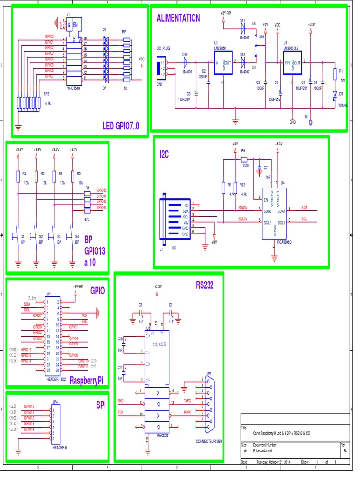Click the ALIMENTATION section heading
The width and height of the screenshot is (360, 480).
point(178,18)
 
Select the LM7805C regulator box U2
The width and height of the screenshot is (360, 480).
point(223,63)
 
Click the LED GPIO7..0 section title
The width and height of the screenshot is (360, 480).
point(124,125)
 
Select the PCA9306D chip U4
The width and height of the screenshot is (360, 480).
point(274,213)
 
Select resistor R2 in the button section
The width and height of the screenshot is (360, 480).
point(18,176)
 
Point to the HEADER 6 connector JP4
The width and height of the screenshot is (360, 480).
point(55,424)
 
